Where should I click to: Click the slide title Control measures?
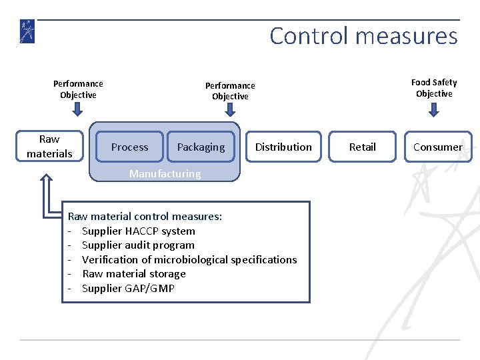(363, 35)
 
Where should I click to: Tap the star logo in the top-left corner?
(27, 32)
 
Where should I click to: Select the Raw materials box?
(49, 147)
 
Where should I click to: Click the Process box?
(130, 147)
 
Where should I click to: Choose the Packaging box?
(201, 147)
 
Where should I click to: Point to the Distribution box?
(283, 147)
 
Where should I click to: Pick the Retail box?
(363, 147)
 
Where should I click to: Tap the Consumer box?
(437, 147)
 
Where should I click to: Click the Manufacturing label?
(165, 174)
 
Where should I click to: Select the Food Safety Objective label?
(434, 88)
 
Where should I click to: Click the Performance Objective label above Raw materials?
(78, 89)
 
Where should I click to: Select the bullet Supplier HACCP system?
(138, 231)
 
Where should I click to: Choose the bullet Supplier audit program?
(138, 245)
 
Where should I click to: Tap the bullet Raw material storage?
(133, 274)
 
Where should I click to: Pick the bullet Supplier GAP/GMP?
(128, 288)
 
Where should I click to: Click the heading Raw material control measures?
(145, 217)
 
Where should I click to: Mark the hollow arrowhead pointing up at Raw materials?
(47, 181)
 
